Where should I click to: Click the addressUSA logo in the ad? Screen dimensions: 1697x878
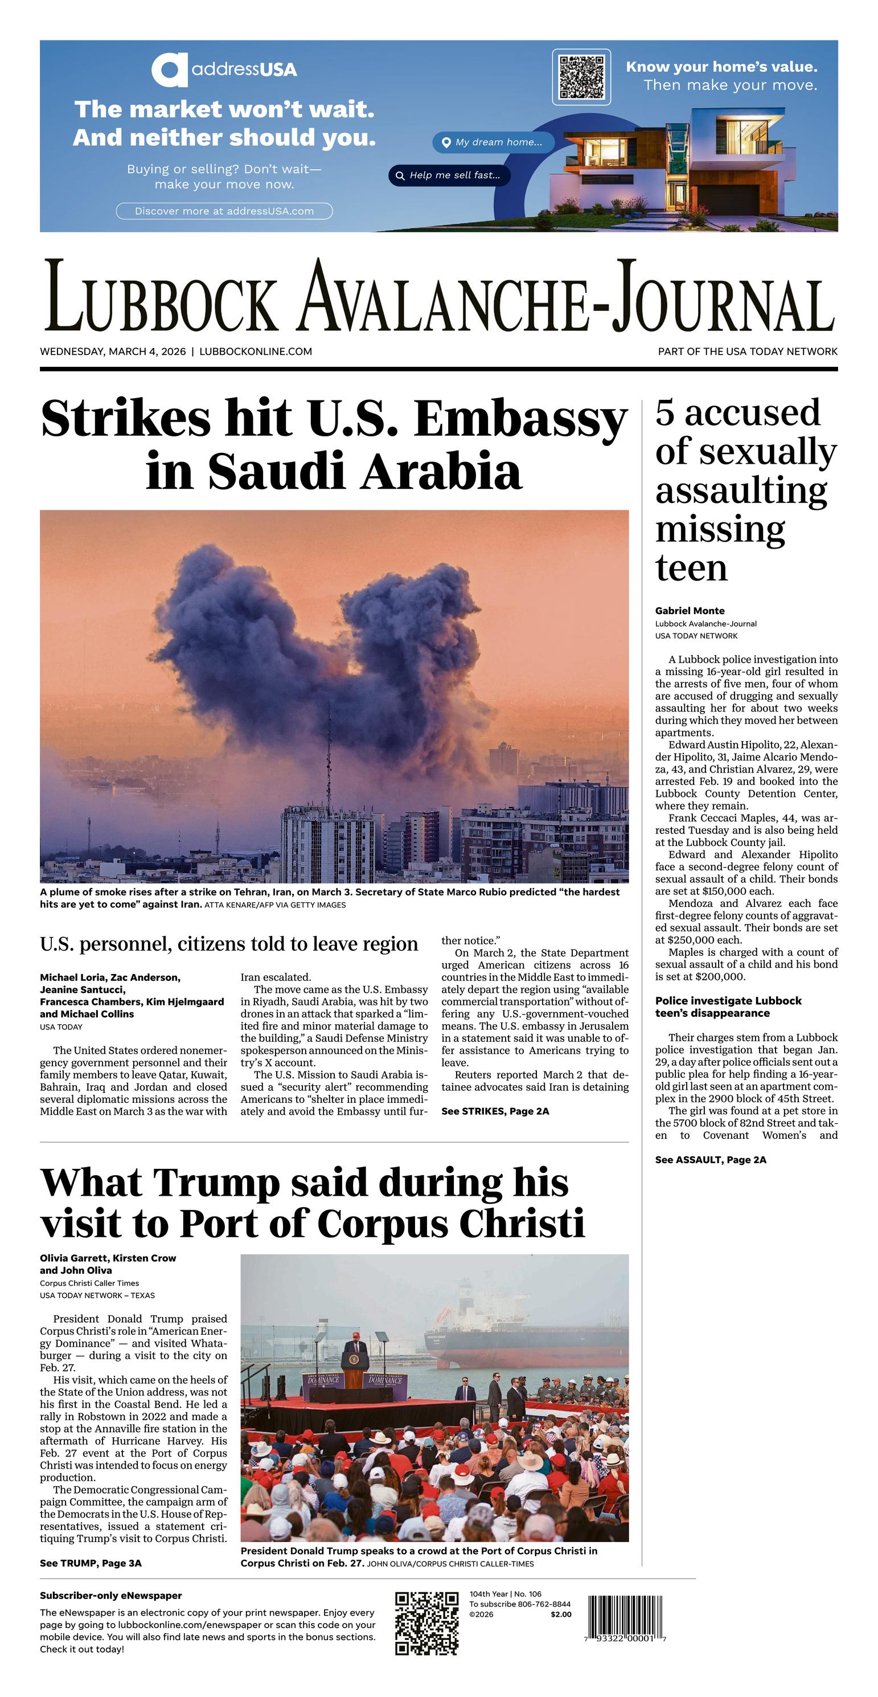pos(224,69)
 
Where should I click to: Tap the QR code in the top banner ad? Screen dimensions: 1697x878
pos(581,77)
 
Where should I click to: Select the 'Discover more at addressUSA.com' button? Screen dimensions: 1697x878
pos(224,211)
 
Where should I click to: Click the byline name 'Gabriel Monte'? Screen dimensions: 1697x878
pos(690,611)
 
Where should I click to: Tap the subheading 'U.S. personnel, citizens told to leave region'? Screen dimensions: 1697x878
pos(228,944)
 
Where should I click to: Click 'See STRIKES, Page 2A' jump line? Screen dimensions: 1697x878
pos(495,1111)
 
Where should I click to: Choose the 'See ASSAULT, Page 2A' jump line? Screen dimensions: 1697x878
pos(710,1159)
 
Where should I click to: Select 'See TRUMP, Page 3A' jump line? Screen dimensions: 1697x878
pos(90,1563)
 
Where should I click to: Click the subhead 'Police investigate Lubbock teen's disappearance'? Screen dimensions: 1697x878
pos(728,1007)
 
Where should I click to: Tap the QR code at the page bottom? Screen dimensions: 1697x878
pos(426,1623)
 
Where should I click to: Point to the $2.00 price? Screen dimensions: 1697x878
pos(560,1614)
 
